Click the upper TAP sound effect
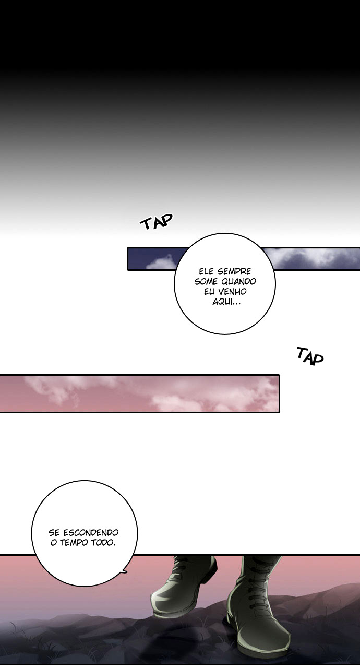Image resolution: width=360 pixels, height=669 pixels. click(x=157, y=221)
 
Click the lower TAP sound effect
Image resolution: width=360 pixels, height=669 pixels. click(x=310, y=356)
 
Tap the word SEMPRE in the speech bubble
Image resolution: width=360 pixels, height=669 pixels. click(x=234, y=271)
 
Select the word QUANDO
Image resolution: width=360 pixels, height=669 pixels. click(x=239, y=281)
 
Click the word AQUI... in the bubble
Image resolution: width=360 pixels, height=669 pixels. click(x=226, y=302)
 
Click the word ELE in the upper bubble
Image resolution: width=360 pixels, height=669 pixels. click(x=207, y=271)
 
